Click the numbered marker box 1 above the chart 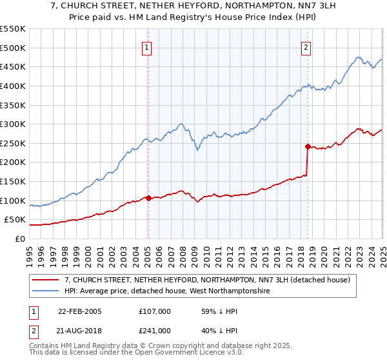[147, 47]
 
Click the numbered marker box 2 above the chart [306, 47]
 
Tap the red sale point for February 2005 [148, 198]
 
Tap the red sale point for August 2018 [308, 146]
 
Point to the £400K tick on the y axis [13, 86]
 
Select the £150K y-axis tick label [13, 181]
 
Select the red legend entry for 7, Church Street [207, 280]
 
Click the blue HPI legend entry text [167, 291]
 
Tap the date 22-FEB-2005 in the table [80, 311]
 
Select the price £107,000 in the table [154, 311]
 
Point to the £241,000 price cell [154, 330]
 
